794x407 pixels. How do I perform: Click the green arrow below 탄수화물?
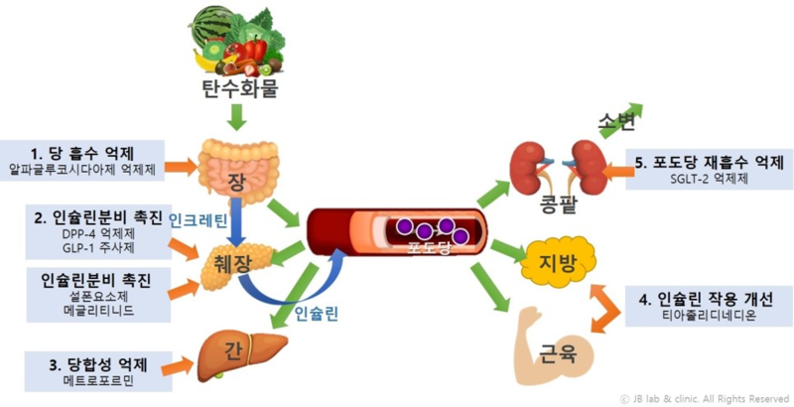coord(236,119)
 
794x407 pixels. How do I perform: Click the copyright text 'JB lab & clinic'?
coord(704,398)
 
